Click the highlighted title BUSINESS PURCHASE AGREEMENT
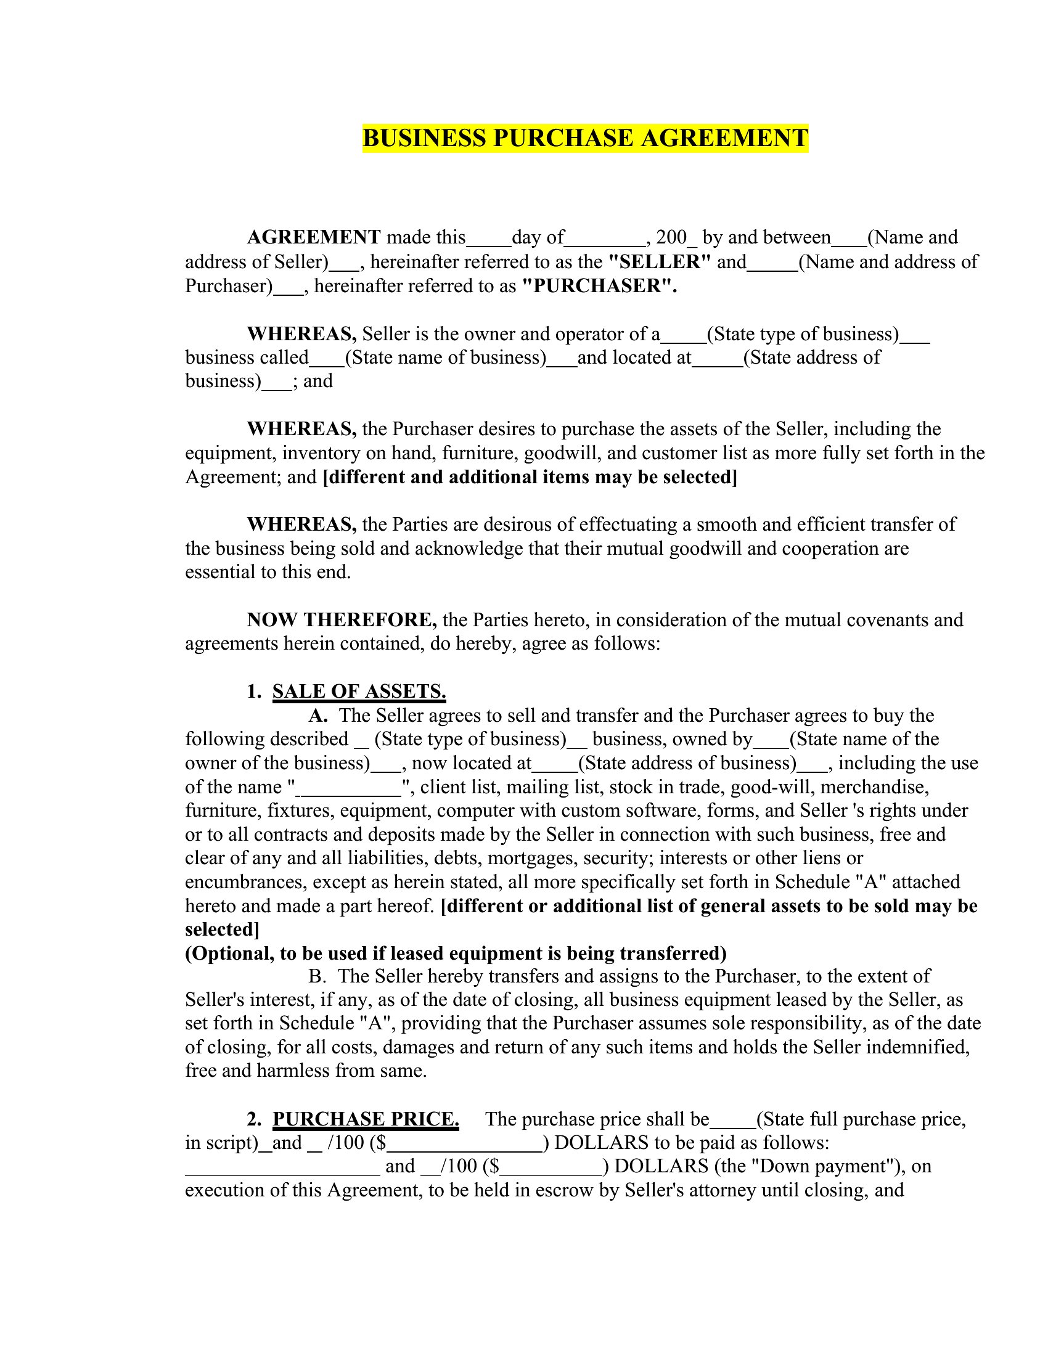[585, 138]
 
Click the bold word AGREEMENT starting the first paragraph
[314, 237]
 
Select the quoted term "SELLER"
[659, 261]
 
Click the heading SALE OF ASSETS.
[359, 692]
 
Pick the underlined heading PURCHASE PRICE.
[366, 1119]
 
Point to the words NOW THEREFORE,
[342, 619]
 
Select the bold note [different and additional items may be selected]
[530, 477]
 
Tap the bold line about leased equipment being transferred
[456, 953]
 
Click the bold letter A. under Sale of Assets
[318, 715]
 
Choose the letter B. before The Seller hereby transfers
[317, 976]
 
